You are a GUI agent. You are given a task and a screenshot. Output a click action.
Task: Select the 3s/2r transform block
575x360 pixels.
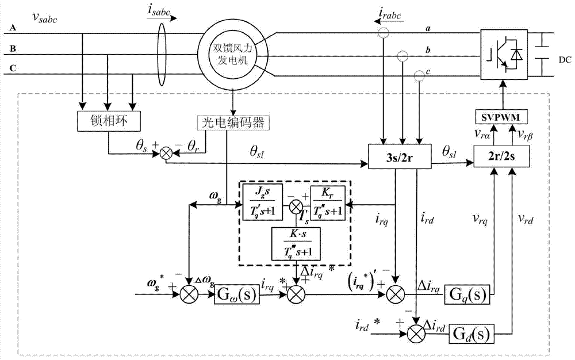(x=399, y=156)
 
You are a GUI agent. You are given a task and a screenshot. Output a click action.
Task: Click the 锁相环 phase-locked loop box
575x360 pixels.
(x=107, y=121)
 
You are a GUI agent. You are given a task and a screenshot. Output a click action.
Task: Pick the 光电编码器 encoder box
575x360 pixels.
(x=233, y=121)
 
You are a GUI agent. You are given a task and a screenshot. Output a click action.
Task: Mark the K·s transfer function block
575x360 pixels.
(x=295, y=242)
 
